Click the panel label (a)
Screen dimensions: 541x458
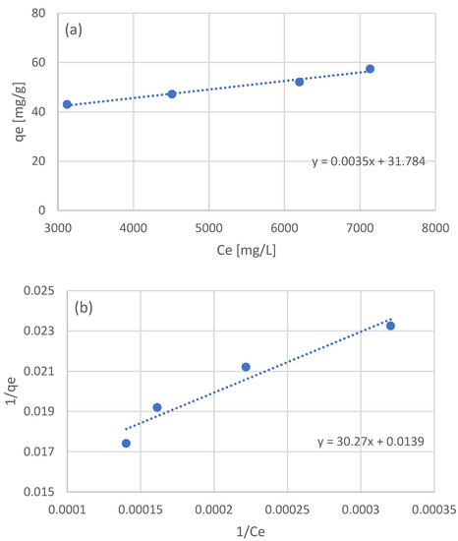(x=75, y=30)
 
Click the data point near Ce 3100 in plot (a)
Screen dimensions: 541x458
(x=67, y=104)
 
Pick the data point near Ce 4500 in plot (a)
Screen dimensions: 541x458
(x=172, y=93)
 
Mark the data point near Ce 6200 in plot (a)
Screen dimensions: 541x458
(x=300, y=82)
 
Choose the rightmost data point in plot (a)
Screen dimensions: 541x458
(x=370, y=69)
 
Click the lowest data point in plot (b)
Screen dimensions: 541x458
(x=126, y=444)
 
